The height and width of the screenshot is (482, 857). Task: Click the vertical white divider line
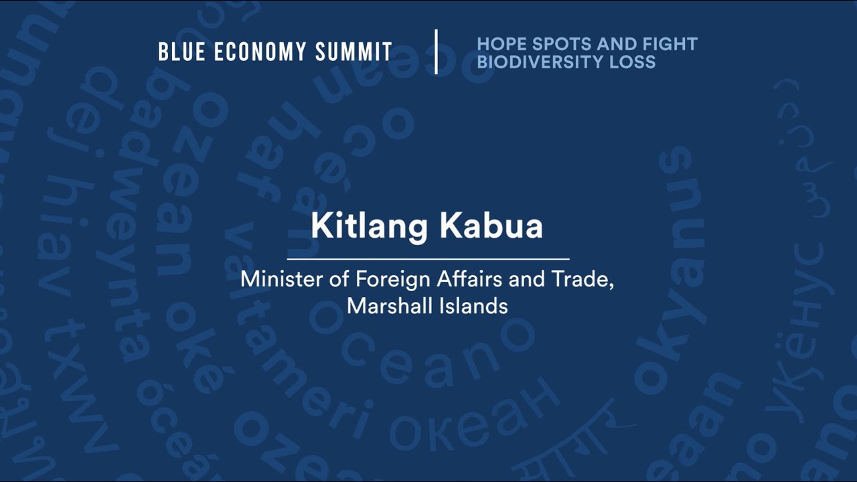pyautogui.click(x=436, y=52)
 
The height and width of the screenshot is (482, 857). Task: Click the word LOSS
pyautogui.click(x=632, y=62)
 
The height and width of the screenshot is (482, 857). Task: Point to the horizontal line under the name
pyautogui.click(x=428, y=258)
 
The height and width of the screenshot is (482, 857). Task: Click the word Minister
pyautogui.click(x=282, y=279)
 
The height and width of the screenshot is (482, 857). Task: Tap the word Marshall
pyautogui.click(x=388, y=306)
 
